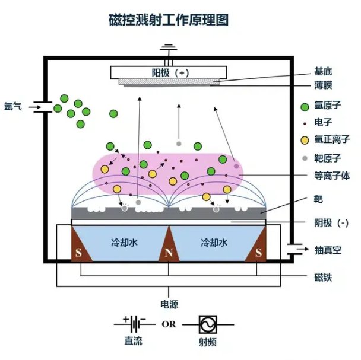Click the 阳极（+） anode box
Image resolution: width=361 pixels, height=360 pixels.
169,72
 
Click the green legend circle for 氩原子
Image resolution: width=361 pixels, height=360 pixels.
305,107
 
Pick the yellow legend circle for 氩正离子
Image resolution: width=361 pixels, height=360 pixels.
305,141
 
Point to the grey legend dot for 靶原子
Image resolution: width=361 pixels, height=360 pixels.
305,158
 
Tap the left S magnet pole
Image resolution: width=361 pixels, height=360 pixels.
78,253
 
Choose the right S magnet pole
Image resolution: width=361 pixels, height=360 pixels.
258,253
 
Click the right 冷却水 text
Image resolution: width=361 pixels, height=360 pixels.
213,243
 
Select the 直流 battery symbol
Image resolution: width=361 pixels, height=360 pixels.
136,324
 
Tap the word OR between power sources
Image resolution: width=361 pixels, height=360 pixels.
168,324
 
